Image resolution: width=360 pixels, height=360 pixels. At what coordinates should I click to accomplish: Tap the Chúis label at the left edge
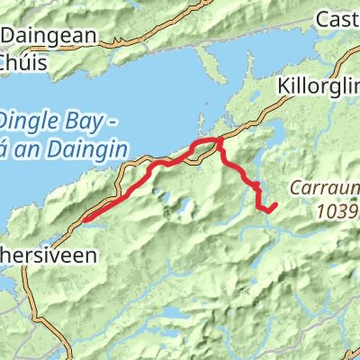[17, 65]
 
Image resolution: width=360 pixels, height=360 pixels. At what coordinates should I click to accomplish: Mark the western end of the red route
[85, 218]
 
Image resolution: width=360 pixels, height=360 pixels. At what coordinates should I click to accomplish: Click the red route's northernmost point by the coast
[216, 139]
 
